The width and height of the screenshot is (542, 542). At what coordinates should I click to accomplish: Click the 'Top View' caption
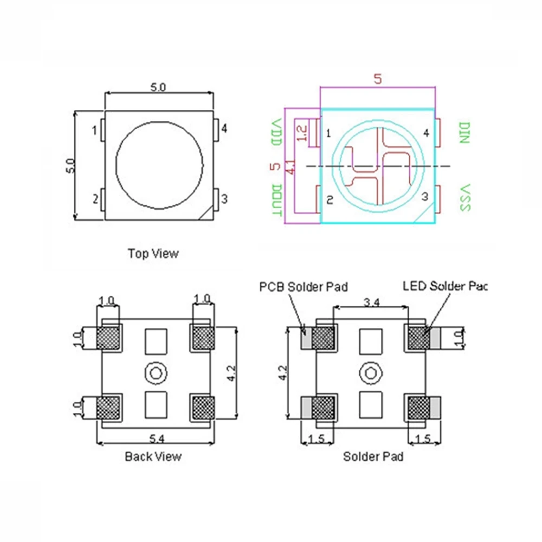pyautogui.click(x=153, y=253)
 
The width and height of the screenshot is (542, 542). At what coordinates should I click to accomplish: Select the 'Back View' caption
pyautogui.click(x=153, y=456)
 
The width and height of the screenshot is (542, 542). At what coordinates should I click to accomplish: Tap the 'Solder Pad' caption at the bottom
pyautogui.click(x=373, y=457)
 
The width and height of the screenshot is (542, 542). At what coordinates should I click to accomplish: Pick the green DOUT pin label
pyautogui.click(x=276, y=200)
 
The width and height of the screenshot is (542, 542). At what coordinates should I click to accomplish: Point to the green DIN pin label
pyautogui.click(x=464, y=132)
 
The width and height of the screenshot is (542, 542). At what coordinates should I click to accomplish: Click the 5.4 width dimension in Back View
pyautogui.click(x=154, y=437)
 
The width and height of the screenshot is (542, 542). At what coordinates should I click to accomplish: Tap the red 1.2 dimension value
pyautogui.click(x=302, y=133)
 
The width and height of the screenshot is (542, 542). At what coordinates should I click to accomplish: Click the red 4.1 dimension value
pyautogui.click(x=291, y=166)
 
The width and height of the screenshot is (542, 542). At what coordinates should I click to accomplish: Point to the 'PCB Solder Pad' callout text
pyautogui.click(x=304, y=286)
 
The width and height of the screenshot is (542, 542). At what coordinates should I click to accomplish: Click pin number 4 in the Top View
pyautogui.click(x=223, y=128)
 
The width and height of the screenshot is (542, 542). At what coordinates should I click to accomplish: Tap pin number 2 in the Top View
pyautogui.click(x=95, y=199)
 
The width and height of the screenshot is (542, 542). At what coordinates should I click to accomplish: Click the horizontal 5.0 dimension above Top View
pyautogui.click(x=158, y=87)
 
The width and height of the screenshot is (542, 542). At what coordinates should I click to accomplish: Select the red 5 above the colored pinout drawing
pyautogui.click(x=378, y=79)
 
